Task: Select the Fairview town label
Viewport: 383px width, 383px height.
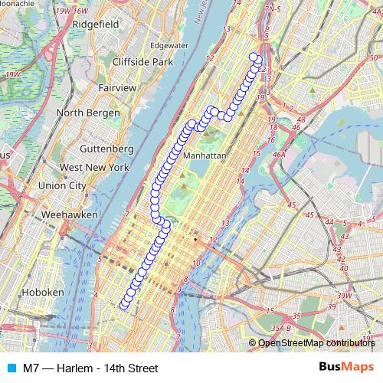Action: (118, 88)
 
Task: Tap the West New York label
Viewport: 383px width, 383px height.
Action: (94, 167)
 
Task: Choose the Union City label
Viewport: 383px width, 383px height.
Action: (62, 185)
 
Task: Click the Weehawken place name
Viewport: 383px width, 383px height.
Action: (70, 215)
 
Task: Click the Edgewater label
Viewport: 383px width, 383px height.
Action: (169, 45)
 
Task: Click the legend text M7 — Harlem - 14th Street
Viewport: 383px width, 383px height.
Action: (90, 368)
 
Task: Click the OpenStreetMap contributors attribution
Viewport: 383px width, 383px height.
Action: (316, 343)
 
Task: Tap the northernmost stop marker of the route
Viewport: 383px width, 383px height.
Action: (254, 55)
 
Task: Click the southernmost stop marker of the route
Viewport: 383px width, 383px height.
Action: (125, 305)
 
